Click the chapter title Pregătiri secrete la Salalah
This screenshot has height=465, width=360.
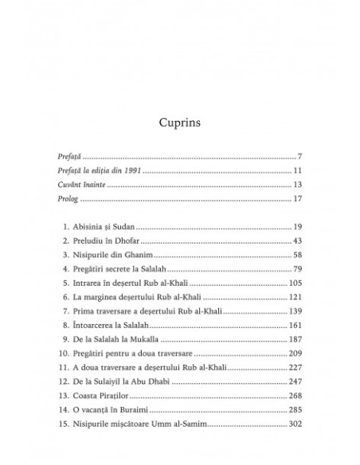tap(133, 269)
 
